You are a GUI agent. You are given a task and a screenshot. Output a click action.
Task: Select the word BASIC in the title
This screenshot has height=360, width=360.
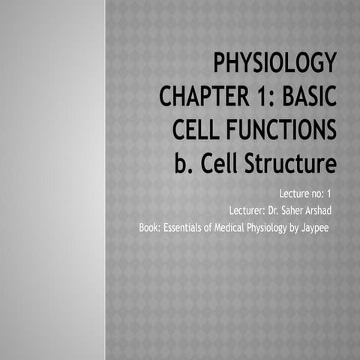click(304, 97)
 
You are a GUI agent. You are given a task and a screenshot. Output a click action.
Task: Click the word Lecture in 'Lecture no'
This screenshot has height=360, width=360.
click(294, 194)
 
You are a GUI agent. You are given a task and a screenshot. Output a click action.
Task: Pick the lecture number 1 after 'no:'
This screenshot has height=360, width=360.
click(328, 194)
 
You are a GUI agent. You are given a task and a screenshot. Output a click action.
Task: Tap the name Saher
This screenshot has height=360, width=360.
click(289, 210)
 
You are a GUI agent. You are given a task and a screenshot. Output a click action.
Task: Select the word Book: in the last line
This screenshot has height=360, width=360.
click(151, 226)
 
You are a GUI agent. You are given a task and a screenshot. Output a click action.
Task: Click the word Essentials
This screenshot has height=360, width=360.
click(188, 226)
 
